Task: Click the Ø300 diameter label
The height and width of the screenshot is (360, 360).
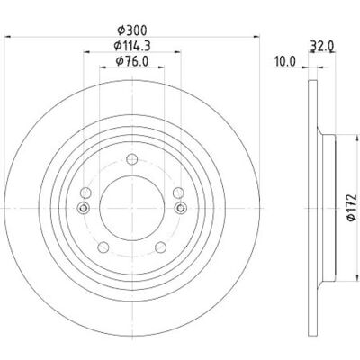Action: pyautogui.click(x=132, y=31)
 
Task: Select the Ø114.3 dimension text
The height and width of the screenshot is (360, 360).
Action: pyautogui.click(x=132, y=46)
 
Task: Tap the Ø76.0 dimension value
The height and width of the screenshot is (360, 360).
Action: pyautogui.click(x=132, y=61)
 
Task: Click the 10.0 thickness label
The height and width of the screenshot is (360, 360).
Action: pyautogui.click(x=284, y=61)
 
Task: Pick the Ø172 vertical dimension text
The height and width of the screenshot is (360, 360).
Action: pyautogui.click(x=351, y=208)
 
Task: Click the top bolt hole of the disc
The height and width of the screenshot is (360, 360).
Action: pyautogui.click(x=132, y=159)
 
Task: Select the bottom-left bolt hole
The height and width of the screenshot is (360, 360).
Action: pyautogui.click(x=103, y=247)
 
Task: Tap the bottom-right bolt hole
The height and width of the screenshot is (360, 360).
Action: pyautogui.click(x=160, y=247)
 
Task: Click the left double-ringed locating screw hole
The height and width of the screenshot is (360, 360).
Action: pyautogui.click(x=83, y=208)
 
